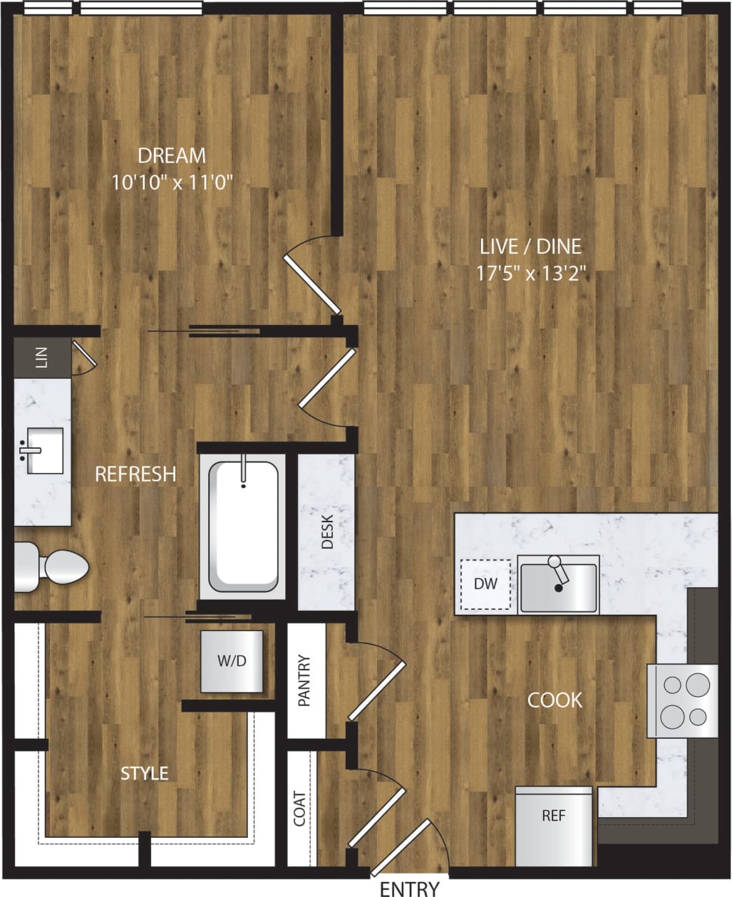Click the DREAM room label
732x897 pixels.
coord(171,155)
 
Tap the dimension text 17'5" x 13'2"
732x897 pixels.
coord(530,274)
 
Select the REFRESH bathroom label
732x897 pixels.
coord(135,474)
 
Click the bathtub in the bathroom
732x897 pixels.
coord(243,526)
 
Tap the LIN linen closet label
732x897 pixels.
coord(42,359)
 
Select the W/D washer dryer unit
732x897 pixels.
coord(232,661)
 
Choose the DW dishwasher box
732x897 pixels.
coord(485,584)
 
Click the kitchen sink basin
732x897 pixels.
coord(558,588)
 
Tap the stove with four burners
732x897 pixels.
coord(682,700)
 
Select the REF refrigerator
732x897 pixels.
coord(553,816)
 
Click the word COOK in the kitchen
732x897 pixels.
coord(555,700)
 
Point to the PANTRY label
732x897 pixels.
coord(305,680)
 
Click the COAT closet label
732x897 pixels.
coord(299,808)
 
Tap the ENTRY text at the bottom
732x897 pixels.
coord(409,888)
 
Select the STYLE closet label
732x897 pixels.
coord(144,773)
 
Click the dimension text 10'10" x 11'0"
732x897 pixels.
coord(172,182)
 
